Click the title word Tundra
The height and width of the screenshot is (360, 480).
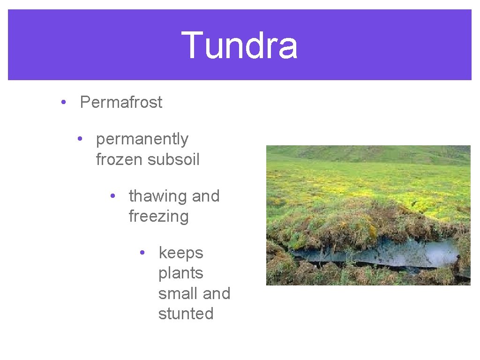click(x=240, y=45)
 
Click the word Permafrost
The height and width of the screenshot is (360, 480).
click(x=121, y=102)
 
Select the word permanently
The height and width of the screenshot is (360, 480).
click(x=142, y=139)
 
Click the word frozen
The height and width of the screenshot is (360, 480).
click(x=119, y=159)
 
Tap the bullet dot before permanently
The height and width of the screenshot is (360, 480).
click(x=81, y=139)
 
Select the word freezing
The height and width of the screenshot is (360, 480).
click(x=158, y=217)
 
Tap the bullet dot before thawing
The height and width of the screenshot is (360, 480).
click(x=112, y=196)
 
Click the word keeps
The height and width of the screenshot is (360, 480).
click(x=180, y=253)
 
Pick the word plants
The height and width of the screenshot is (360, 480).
click(x=180, y=273)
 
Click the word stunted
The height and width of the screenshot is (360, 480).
click(x=186, y=314)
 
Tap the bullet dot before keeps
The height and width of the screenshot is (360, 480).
click(x=143, y=253)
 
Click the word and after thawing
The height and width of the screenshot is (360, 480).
click(x=205, y=196)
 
